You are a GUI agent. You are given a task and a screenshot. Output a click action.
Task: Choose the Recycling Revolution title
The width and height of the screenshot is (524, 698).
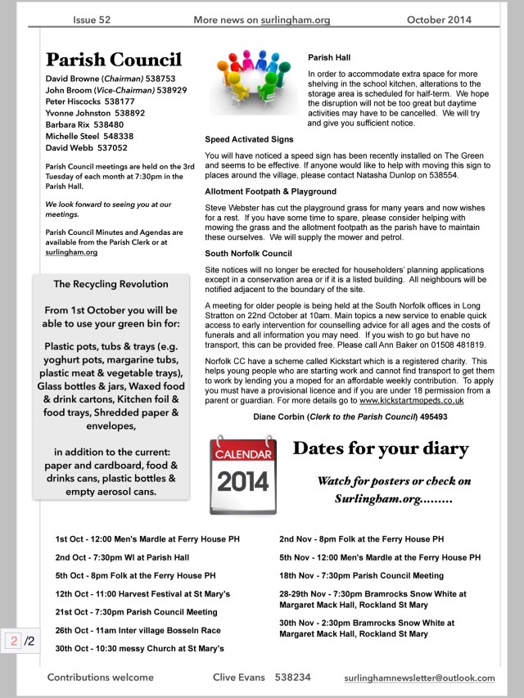[x=111, y=284]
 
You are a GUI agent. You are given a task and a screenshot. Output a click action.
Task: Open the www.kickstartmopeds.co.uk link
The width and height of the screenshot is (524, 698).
[x=412, y=400]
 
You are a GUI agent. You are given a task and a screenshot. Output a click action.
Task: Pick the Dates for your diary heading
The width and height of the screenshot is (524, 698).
[x=381, y=448]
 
